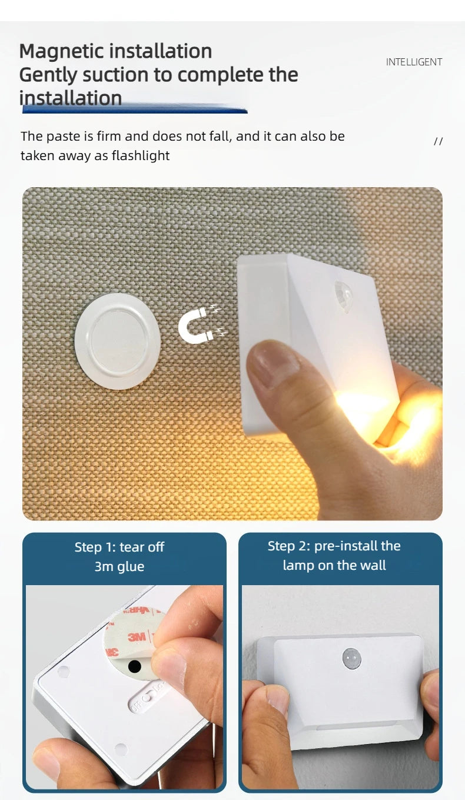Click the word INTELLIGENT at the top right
(414, 62)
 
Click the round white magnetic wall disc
(118, 341)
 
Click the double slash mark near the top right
(438, 141)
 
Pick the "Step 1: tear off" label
(119, 547)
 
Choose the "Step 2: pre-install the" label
(334, 546)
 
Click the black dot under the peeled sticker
(135, 666)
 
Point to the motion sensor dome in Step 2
(351, 658)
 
